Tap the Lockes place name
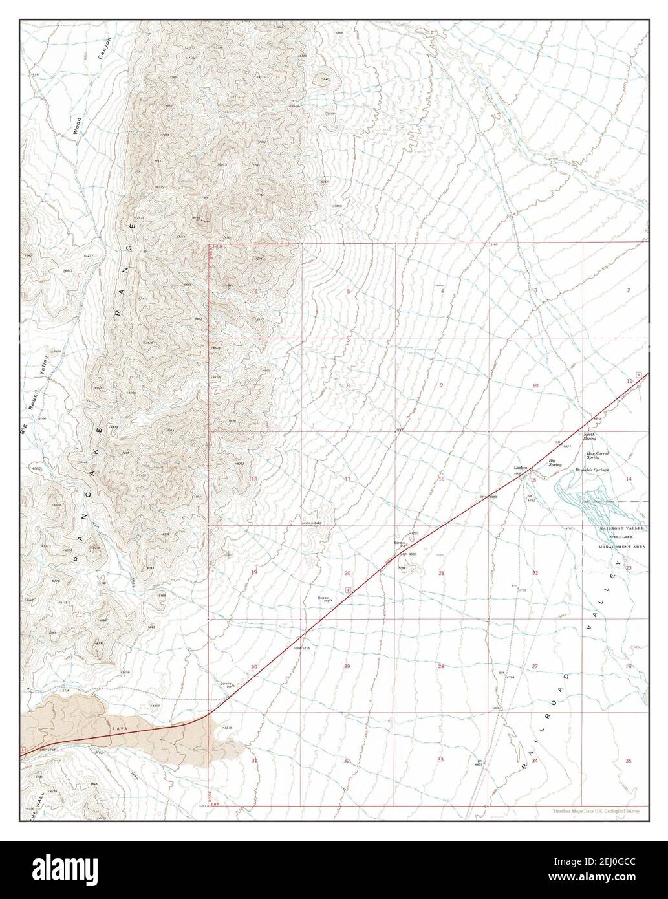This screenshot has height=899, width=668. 521,467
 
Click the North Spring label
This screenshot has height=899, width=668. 590,437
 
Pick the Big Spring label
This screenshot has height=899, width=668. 555,462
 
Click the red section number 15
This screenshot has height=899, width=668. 533,479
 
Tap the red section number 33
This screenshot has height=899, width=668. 440,759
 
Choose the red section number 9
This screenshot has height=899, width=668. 441,385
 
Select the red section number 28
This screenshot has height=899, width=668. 441,666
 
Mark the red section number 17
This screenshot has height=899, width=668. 347,479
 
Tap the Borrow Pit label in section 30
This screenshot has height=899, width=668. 226,684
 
